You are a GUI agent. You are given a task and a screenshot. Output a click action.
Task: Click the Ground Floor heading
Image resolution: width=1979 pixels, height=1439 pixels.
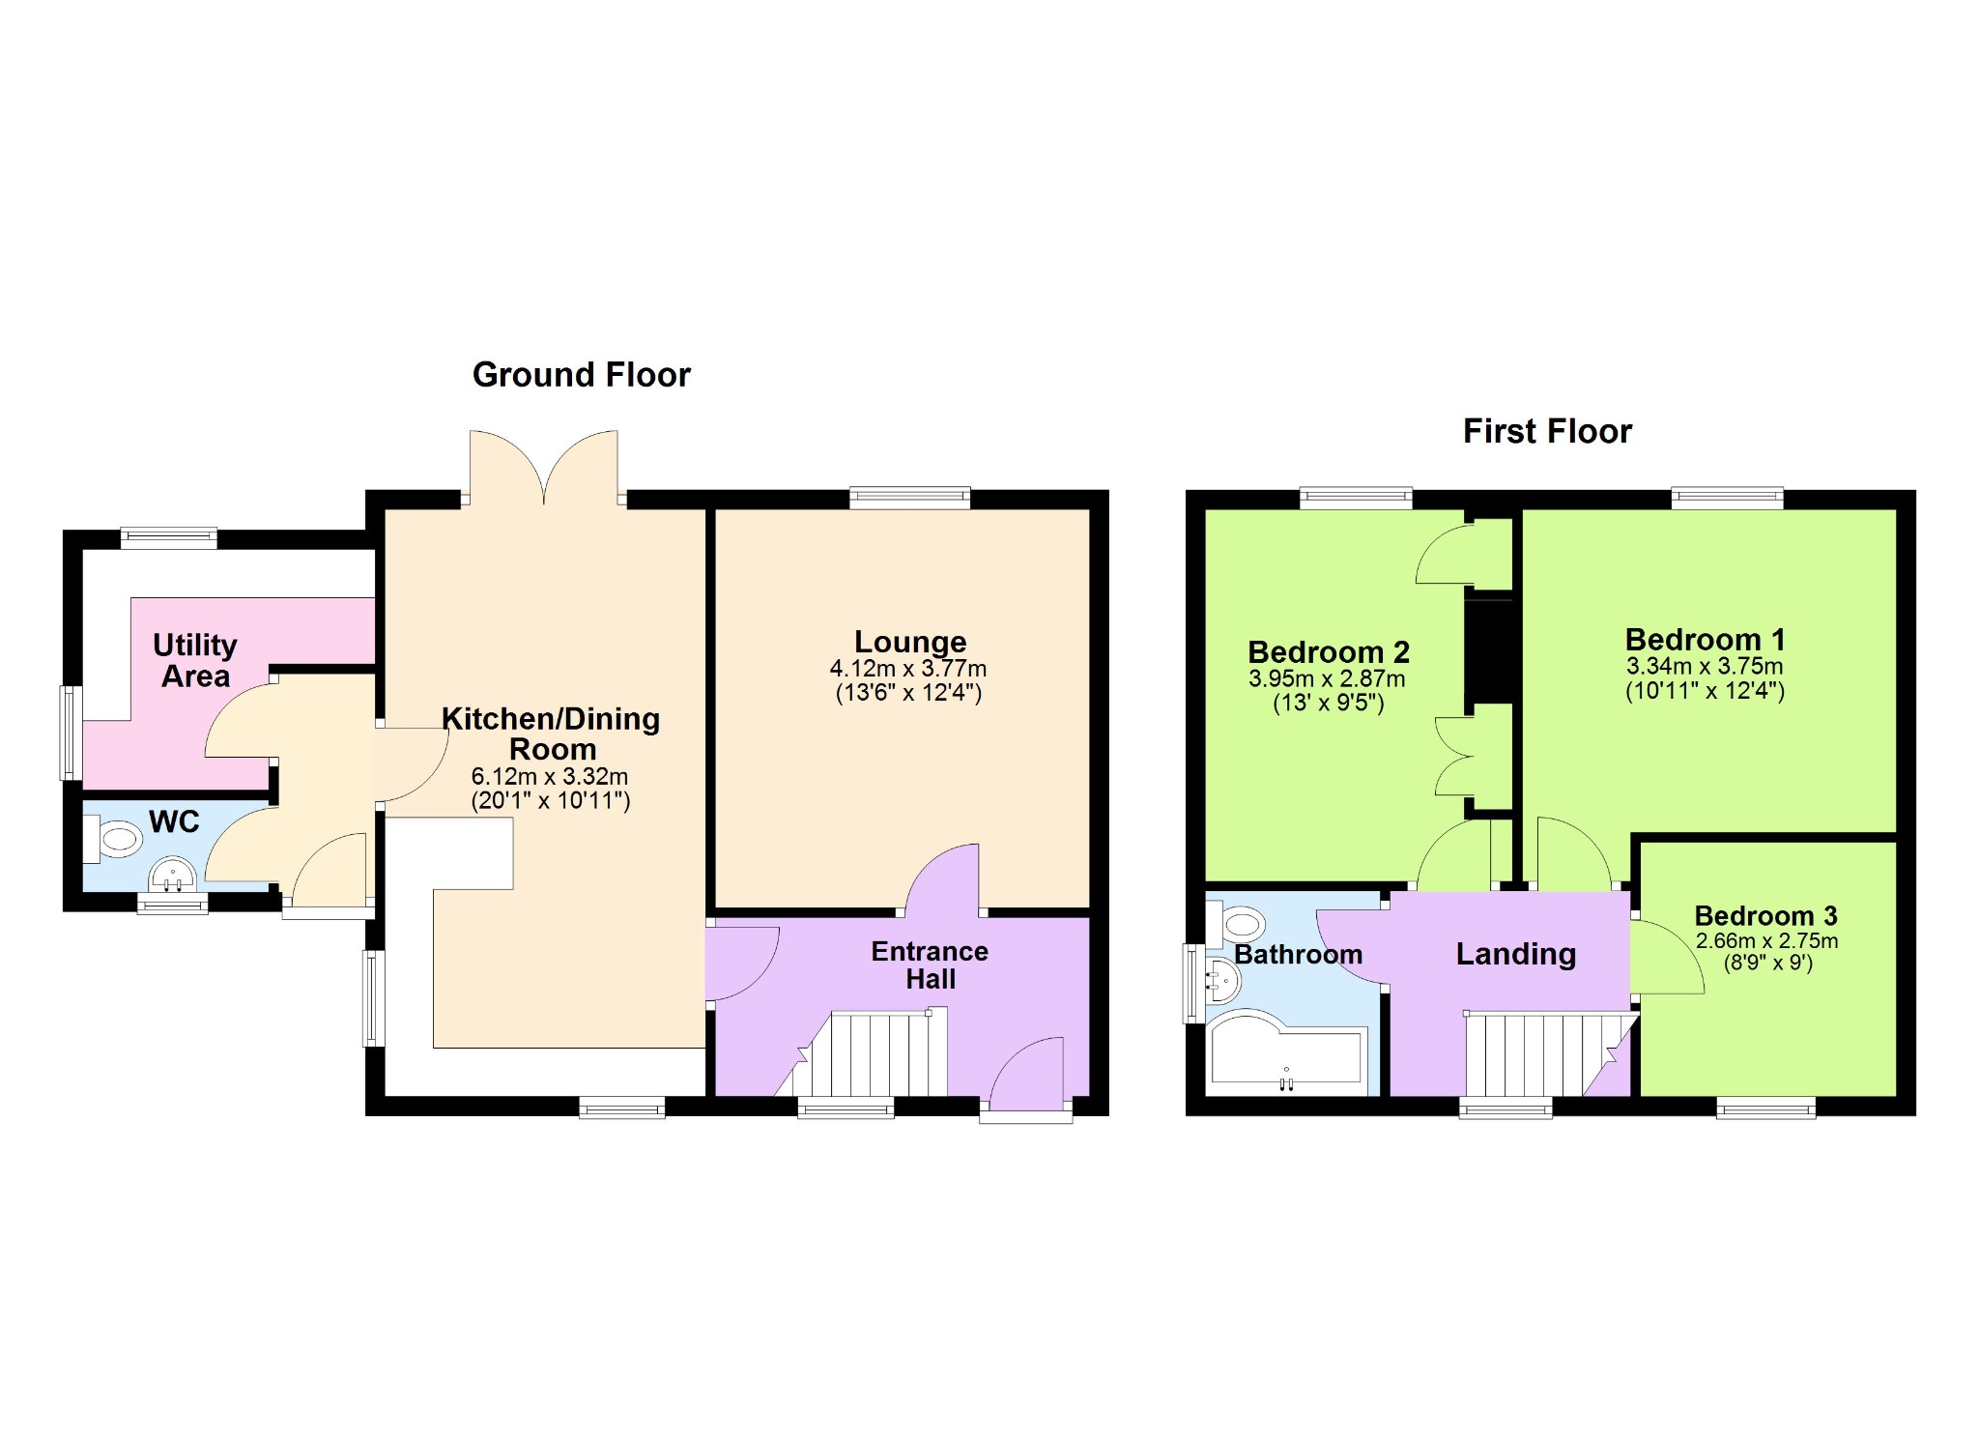tap(581, 375)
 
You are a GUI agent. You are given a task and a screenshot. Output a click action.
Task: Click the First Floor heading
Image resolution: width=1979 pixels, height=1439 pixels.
tap(1547, 431)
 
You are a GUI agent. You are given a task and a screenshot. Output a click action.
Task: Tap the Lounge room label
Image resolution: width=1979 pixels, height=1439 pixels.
tap(910, 642)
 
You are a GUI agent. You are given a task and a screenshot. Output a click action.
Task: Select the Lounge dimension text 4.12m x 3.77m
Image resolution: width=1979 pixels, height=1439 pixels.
tap(908, 669)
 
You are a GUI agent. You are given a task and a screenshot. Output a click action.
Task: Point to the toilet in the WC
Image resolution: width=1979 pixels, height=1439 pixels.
tap(113, 838)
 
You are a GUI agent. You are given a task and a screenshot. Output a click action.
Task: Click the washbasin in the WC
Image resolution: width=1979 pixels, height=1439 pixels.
tap(174, 878)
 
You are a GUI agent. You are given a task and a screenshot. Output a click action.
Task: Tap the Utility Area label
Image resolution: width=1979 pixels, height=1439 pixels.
tap(195, 660)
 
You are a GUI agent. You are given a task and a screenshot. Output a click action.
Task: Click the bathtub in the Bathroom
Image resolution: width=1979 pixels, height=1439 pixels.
tap(1287, 1051)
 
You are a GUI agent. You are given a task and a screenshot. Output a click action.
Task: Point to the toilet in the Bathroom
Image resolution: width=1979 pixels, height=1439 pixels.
tap(1236, 922)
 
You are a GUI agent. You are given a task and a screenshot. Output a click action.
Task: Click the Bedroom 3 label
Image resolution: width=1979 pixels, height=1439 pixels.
tap(1765, 915)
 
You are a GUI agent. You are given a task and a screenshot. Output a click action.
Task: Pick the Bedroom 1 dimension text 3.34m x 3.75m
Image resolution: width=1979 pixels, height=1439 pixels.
tap(1705, 666)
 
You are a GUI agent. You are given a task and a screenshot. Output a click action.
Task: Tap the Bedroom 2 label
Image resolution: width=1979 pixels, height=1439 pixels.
tap(1329, 652)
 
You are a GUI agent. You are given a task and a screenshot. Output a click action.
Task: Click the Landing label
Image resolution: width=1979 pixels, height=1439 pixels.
tap(1516, 955)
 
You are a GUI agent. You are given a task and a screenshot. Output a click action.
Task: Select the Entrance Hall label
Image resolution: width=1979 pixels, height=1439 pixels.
tap(930, 965)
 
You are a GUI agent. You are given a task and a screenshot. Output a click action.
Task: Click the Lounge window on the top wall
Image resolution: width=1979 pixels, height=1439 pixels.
tap(910, 498)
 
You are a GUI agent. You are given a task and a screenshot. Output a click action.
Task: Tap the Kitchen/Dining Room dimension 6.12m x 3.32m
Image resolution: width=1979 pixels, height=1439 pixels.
tap(550, 776)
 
